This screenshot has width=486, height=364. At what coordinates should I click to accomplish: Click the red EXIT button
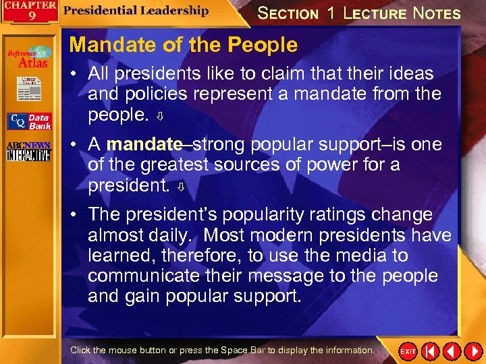coord(408,351)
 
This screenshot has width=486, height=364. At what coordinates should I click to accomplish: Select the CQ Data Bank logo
coord(29,121)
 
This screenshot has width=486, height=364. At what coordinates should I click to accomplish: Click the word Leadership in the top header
coord(173,11)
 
